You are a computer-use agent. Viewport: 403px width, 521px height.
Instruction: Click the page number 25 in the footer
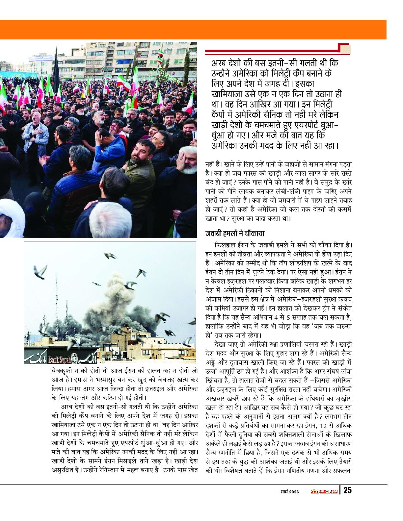[x=347, y=490]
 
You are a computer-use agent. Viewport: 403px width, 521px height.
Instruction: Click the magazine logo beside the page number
[x=324, y=491]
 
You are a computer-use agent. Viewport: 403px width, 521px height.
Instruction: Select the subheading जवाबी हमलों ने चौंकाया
[x=235, y=234]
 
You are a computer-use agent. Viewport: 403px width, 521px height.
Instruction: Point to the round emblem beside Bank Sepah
[x=75, y=359]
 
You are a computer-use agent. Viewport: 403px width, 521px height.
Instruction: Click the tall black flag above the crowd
[x=56, y=66]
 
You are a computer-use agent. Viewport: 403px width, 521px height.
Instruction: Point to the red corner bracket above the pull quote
[x=344, y=48]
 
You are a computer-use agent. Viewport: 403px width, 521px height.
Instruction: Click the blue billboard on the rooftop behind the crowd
[x=40, y=59]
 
